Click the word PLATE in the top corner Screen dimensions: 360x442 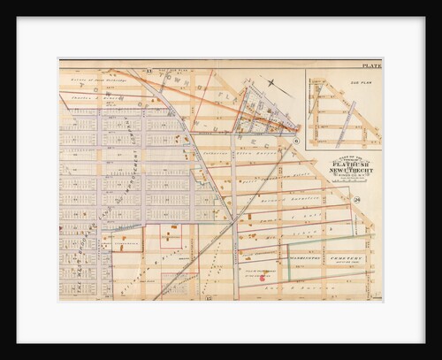tap(371, 66)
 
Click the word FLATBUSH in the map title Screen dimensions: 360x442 tap(346, 164)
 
